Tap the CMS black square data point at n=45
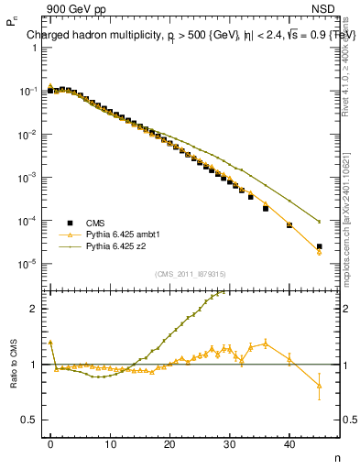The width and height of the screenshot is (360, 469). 319,246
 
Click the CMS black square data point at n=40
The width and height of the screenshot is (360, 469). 289,224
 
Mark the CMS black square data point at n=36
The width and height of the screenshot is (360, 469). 266,208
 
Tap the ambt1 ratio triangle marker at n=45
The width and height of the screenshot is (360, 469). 319,386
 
